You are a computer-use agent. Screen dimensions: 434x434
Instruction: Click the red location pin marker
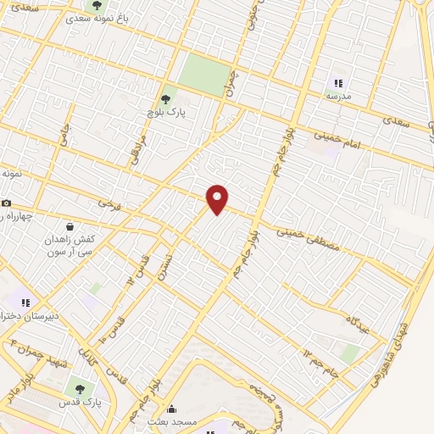pyautogui.click(x=218, y=198)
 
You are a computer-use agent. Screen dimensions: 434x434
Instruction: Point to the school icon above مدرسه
pyautogui.click(x=338, y=83)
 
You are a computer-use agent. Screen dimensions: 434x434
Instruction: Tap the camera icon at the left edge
pyautogui.click(x=6, y=203)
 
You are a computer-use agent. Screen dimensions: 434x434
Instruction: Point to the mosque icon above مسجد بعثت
pyautogui.click(x=171, y=409)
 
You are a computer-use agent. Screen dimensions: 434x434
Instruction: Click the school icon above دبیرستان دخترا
pyautogui.click(x=25, y=302)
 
